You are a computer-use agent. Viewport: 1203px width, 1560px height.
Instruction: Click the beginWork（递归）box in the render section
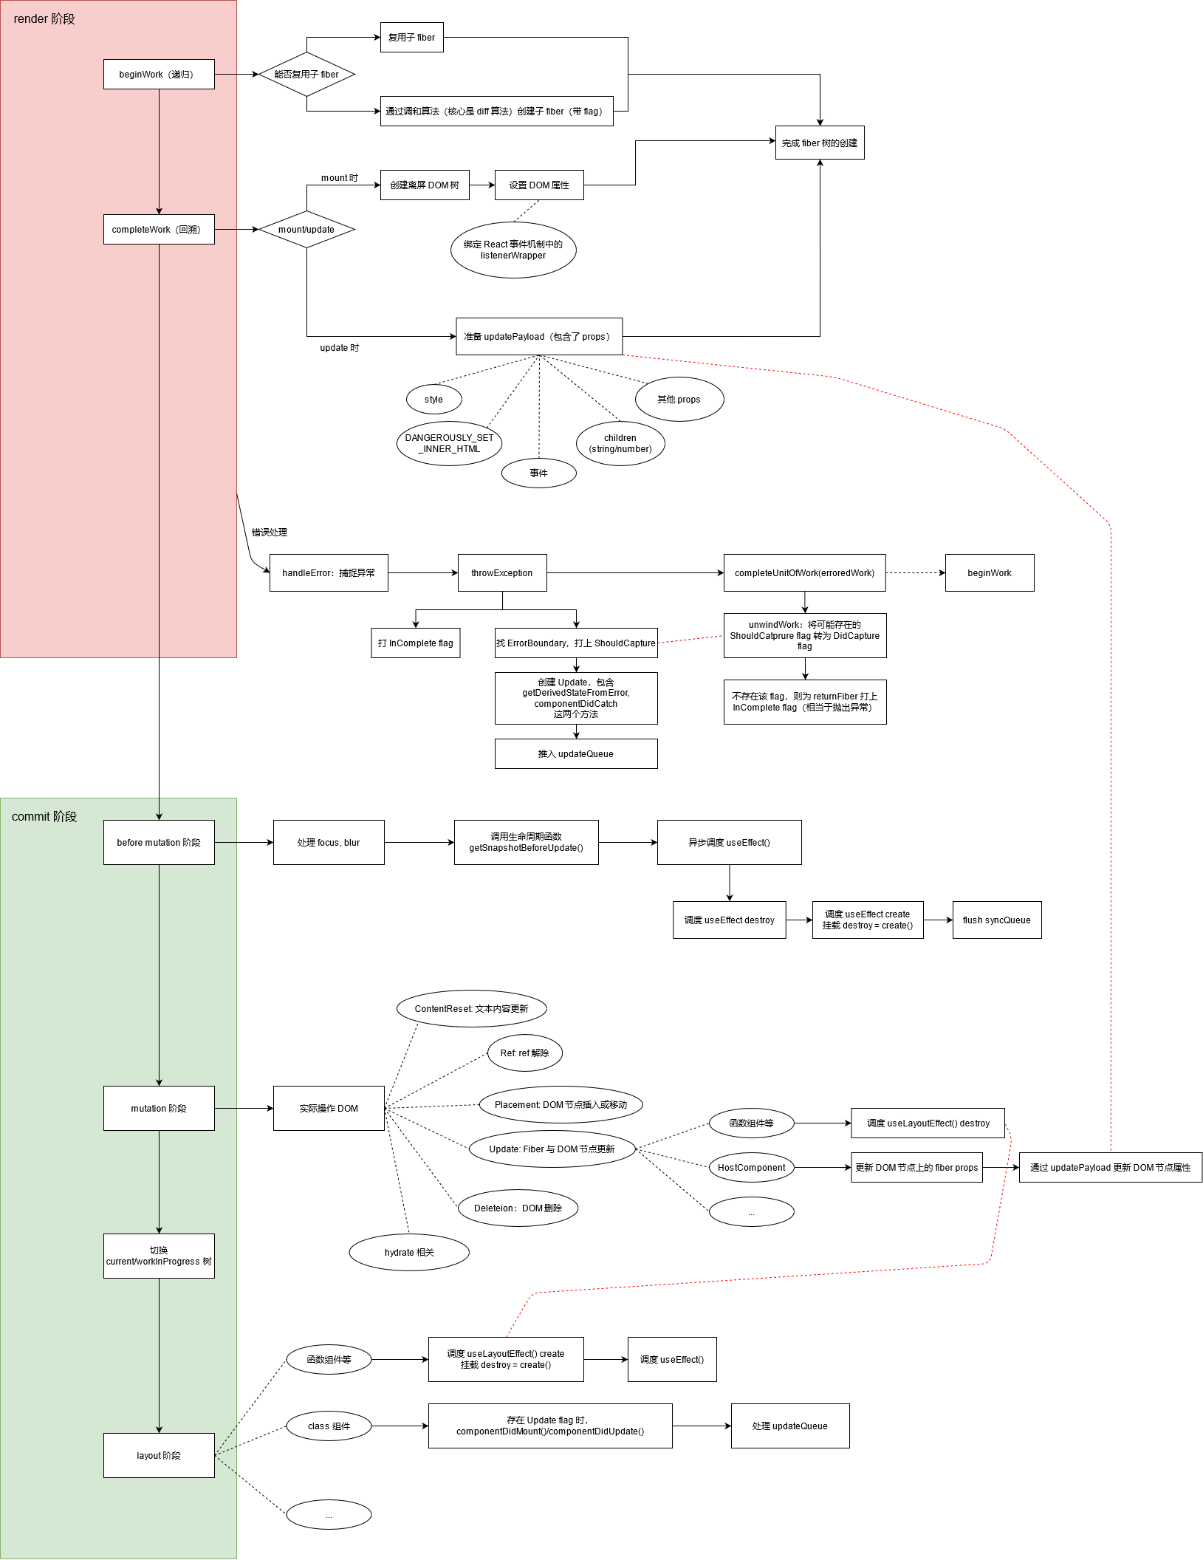point(159,74)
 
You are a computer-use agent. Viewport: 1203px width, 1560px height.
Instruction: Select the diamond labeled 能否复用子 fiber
point(306,74)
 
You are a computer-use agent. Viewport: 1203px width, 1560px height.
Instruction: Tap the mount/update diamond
point(306,229)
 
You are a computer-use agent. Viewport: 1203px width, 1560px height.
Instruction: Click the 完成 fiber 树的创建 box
point(820,143)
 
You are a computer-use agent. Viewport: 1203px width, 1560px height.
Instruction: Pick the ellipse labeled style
point(433,399)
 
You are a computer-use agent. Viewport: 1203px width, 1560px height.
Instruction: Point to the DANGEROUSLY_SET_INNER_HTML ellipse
point(449,443)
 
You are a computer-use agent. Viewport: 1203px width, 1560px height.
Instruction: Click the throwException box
point(502,572)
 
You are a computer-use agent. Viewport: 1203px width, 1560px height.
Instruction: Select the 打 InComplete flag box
point(415,643)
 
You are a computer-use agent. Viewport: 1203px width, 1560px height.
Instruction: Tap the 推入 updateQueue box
point(576,753)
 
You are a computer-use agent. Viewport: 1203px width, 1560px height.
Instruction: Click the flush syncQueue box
point(997,920)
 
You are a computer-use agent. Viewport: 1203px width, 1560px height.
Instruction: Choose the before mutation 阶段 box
point(159,842)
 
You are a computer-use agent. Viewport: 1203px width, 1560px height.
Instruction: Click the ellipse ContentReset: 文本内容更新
point(472,1008)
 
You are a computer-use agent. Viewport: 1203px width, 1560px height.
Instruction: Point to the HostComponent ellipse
point(751,1167)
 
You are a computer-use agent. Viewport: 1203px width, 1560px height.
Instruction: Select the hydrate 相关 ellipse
point(409,1252)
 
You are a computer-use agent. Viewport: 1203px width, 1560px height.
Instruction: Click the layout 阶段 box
point(159,1455)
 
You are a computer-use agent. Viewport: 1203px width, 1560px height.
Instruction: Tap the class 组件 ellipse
point(329,1426)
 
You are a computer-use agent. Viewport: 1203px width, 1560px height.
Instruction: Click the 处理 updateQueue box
point(790,1426)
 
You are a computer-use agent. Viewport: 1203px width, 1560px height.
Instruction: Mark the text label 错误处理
point(270,532)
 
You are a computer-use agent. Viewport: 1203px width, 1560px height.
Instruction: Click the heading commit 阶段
point(44,816)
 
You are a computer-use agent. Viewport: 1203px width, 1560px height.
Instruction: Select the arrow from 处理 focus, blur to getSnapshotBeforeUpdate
point(419,842)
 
